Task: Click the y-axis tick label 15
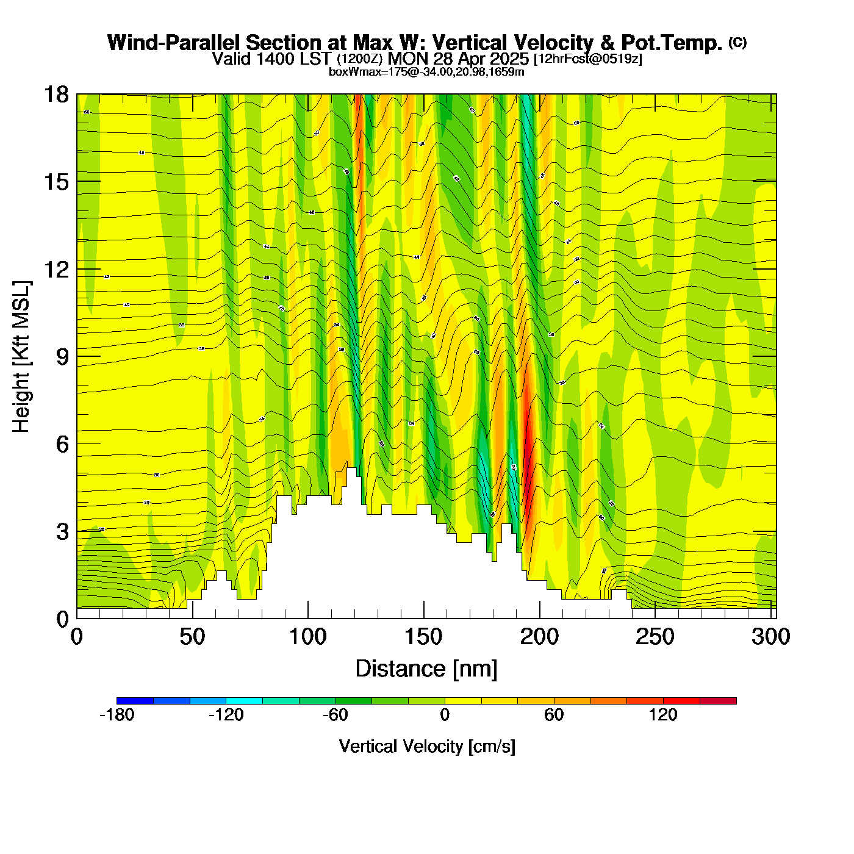pos(57,182)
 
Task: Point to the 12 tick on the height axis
pos(57,269)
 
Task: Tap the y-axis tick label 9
pos(62,357)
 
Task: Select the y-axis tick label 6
pos(62,444)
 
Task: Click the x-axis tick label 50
pos(192,637)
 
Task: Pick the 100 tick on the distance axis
pos(307,637)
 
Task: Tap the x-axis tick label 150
pos(423,637)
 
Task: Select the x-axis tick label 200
pos(539,637)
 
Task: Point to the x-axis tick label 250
pos(655,637)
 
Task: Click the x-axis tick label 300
pos(770,637)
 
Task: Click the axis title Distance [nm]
pos(426,669)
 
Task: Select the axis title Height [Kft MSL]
pos(21,357)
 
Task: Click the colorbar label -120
pos(226,715)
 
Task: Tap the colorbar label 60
pos(554,715)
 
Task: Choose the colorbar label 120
pos(663,715)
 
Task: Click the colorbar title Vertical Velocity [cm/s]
pos(427,746)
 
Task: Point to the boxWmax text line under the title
pos(426,72)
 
